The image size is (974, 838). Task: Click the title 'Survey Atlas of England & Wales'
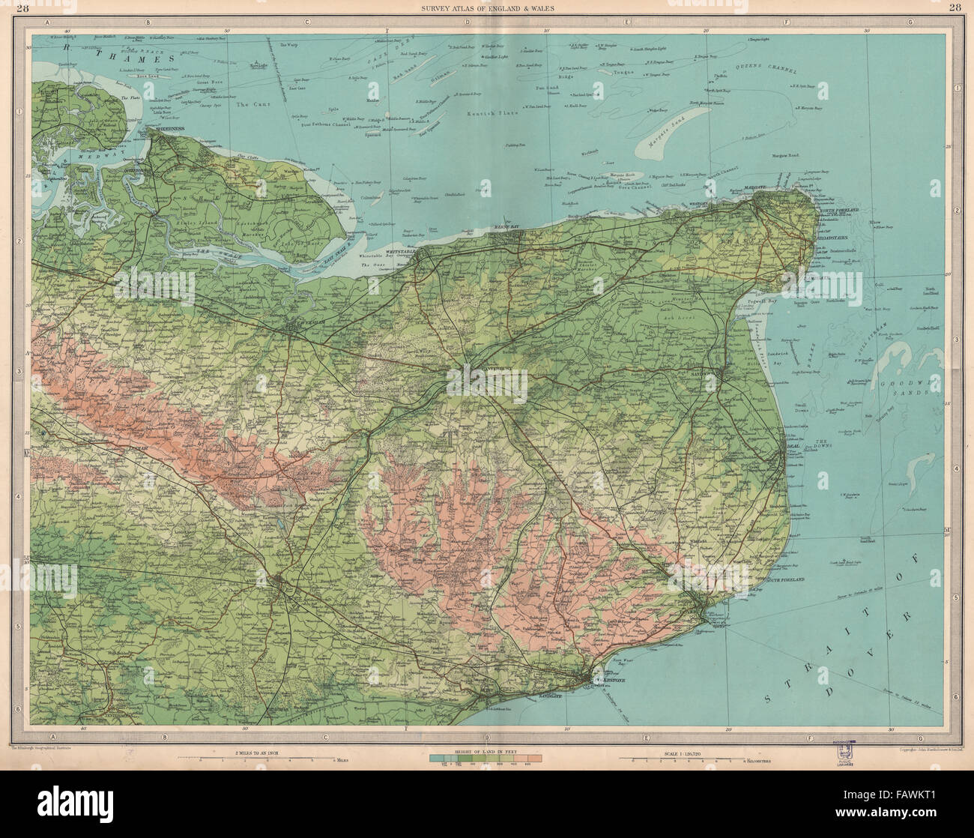coord(486,8)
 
